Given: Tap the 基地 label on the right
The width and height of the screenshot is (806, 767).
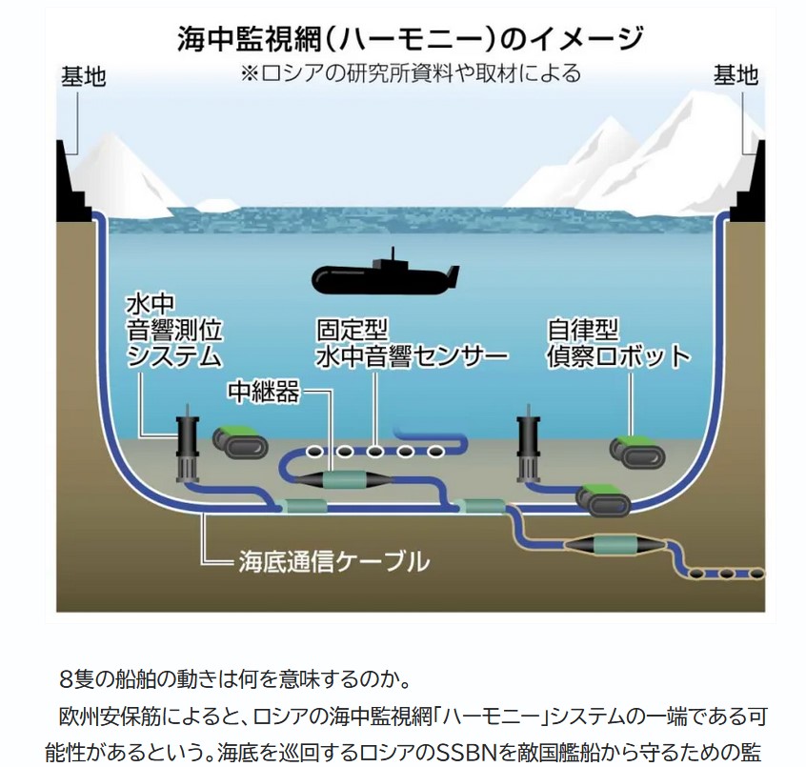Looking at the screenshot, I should [x=735, y=74].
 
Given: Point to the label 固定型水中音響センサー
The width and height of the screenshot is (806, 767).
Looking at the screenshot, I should [x=413, y=343].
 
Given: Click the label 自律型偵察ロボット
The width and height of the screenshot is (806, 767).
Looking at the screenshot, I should [x=617, y=343].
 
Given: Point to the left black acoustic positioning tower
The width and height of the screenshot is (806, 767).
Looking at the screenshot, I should [x=184, y=447].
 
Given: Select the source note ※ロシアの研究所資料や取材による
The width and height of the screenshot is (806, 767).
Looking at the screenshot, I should [x=410, y=73].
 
